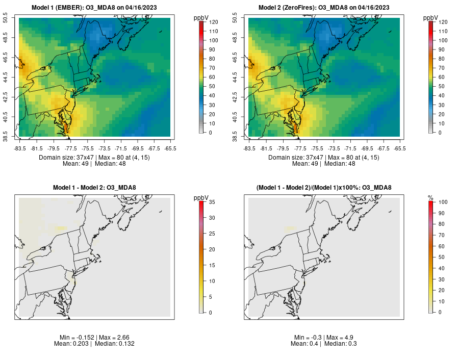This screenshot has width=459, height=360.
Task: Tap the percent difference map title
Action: [324, 188]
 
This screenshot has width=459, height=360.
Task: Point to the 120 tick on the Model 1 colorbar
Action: [213, 22]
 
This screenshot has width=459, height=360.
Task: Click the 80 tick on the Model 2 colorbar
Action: [441, 59]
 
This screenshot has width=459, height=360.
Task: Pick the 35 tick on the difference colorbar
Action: [212, 202]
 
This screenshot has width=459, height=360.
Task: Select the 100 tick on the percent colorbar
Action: [443, 202]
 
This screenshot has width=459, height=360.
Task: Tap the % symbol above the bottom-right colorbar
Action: [430, 197]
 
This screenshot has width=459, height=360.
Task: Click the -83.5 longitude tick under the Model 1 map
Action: [20, 148]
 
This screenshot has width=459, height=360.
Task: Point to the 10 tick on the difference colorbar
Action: [212, 281]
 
